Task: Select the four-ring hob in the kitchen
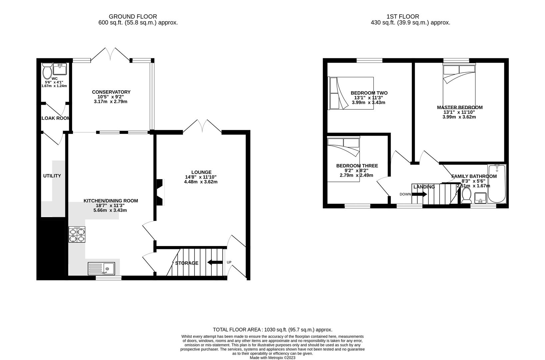click(77, 234)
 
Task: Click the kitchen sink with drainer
click(101, 269)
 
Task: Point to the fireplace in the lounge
click(160, 192)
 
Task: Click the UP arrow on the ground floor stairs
click(215, 262)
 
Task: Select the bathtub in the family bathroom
click(496, 184)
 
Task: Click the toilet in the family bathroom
click(466, 195)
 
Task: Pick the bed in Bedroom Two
click(351, 93)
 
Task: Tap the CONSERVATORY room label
click(111, 92)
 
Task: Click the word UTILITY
click(52, 176)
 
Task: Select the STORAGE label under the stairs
click(187, 263)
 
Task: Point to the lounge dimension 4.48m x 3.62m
click(201, 182)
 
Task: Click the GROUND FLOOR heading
click(133, 16)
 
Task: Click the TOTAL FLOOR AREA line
click(272, 330)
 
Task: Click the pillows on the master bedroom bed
click(458, 69)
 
